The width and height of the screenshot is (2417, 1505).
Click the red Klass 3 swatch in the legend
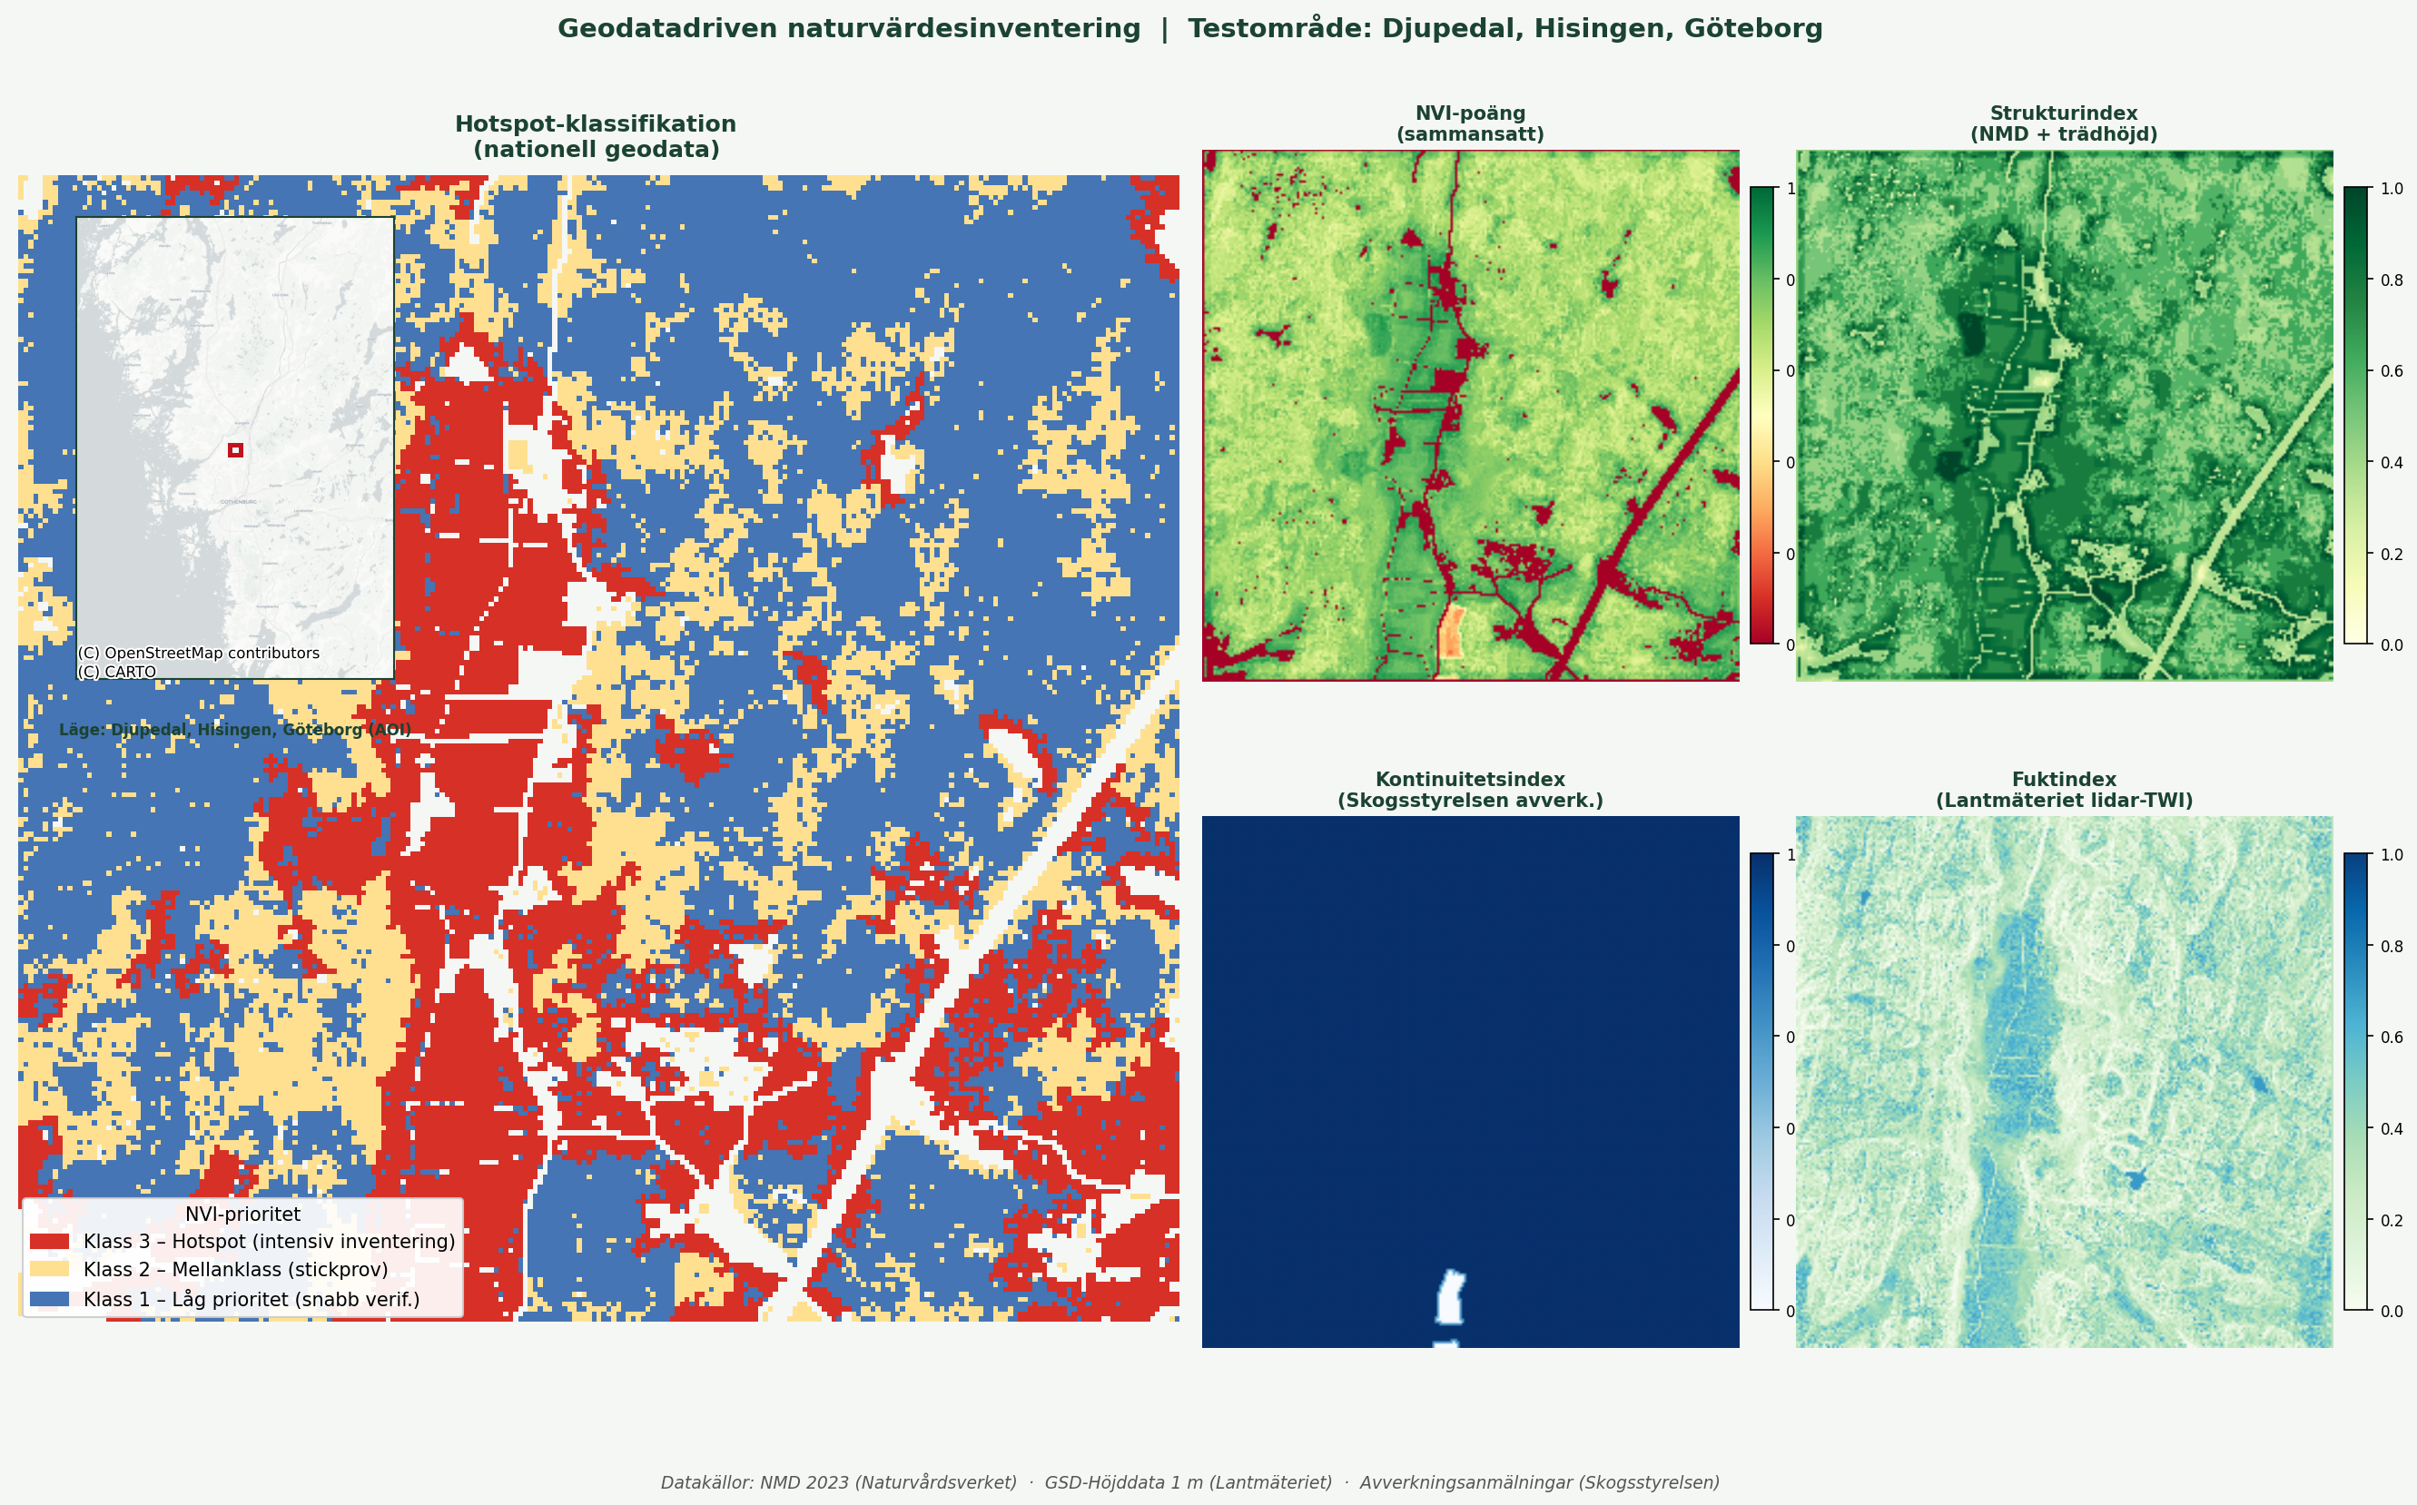[50, 1241]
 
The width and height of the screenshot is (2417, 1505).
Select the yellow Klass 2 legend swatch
[50, 1269]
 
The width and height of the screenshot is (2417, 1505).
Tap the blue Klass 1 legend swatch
[50, 1299]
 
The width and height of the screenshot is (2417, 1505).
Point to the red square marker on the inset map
[236, 450]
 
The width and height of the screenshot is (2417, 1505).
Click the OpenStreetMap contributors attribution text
[199, 653]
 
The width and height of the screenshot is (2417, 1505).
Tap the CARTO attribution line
[117, 672]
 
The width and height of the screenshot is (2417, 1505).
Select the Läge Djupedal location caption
[235, 730]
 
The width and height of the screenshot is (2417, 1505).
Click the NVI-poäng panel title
[1470, 123]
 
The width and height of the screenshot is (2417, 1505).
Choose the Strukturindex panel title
[2064, 123]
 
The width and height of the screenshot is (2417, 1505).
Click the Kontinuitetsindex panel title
[1470, 790]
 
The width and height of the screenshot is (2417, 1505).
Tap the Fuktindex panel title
[2064, 790]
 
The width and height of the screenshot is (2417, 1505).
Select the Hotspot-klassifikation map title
[596, 136]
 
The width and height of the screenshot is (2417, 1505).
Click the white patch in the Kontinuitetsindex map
[1450, 1298]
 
